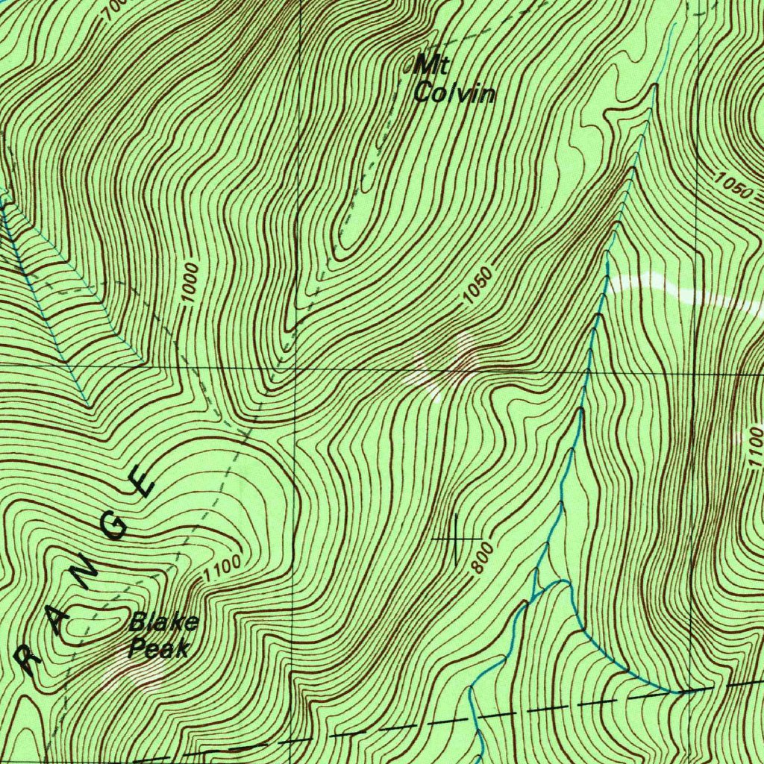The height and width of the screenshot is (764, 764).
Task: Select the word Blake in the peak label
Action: pyautogui.click(x=164, y=622)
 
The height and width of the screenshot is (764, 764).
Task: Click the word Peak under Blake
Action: pyautogui.click(x=157, y=648)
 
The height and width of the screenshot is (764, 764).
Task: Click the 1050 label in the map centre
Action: pyautogui.click(x=477, y=286)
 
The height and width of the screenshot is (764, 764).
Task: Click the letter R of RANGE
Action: pyautogui.click(x=28, y=660)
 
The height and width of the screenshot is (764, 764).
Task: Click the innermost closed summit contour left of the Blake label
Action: pyautogui.click(x=93, y=621)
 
